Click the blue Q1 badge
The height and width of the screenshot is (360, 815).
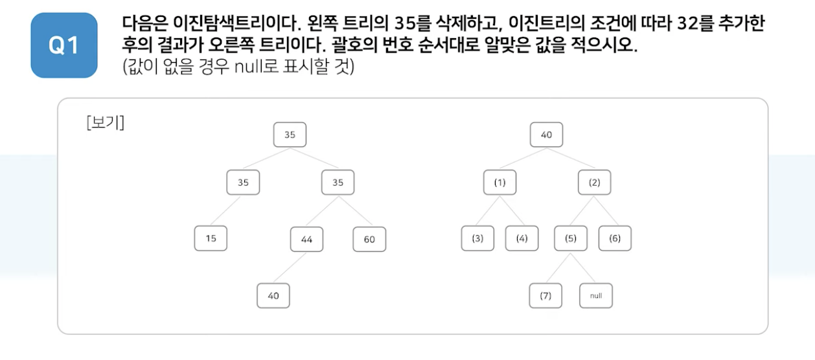64,45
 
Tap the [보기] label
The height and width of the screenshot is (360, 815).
105,123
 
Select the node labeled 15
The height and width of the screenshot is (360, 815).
211,238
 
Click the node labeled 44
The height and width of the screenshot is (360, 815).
306,240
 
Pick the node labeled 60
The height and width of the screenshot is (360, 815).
369,240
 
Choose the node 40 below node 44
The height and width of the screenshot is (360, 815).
273,296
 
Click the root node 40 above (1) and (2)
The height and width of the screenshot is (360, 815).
546,135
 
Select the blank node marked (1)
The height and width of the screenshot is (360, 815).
499,183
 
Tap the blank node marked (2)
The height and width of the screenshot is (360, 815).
594,183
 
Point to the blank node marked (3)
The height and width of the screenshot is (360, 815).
477,238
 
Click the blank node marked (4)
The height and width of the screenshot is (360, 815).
522,238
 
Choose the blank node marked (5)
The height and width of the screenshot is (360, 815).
570,238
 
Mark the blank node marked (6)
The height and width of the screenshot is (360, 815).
614,238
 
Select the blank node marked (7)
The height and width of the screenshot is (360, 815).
545,296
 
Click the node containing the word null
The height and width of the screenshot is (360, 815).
595,296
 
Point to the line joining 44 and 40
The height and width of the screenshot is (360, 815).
290,267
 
